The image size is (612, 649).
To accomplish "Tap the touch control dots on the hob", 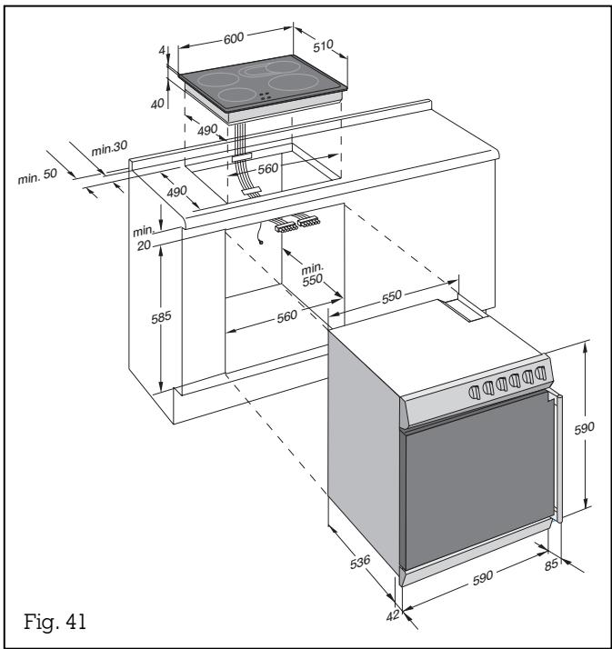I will point(265,97).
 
